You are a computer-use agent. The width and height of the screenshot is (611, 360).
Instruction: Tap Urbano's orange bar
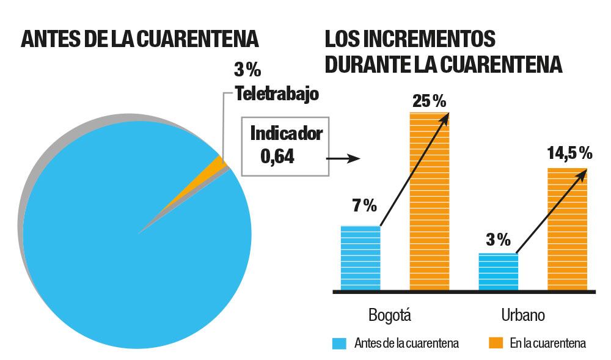(567, 229)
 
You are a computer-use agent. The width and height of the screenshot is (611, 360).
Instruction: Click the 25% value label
(429, 100)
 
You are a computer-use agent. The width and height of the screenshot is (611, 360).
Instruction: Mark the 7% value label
(364, 205)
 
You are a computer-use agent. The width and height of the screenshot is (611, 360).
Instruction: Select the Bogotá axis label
(390, 315)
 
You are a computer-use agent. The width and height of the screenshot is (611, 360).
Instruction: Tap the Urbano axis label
(523, 315)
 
